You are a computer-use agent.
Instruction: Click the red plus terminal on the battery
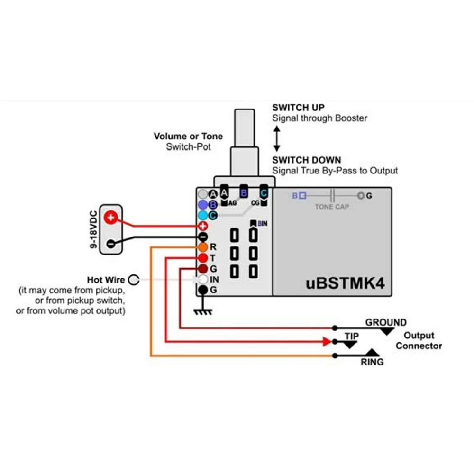[x=110, y=218]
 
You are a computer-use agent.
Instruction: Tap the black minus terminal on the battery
[x=110, y=243]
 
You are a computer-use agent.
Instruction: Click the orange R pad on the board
[x=202, y=247]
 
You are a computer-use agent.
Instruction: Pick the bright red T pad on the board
[x=202, y=258]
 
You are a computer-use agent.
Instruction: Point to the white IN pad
[x=202, y=280]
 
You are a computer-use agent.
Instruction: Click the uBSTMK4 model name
[x=345, y=284]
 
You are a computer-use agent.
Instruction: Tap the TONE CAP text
[x=332, y=207]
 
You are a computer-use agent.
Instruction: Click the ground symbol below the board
[x=203, y=310]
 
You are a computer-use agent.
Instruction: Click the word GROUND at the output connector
[x=385, y=323]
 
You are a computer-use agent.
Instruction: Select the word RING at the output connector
[x=372, y=362]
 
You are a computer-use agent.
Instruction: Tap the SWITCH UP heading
[x=298, y=108]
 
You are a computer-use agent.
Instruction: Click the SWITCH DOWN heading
[x=306, y=160]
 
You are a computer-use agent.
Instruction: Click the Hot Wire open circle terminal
[x=134, y=280]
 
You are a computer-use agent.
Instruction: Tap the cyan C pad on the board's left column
[x=202, y=215]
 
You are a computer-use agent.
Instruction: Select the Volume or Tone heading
[x=188, y=137]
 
